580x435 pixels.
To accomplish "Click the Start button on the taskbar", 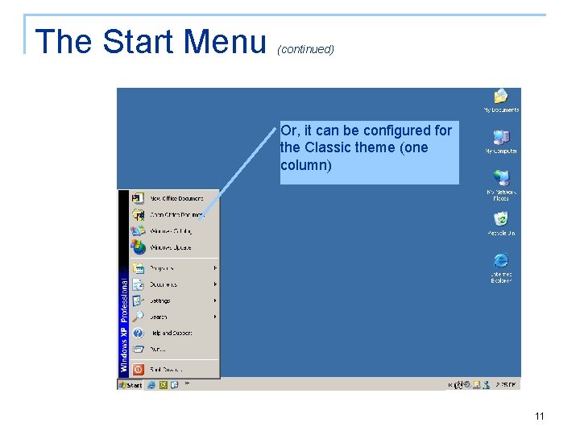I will point(130,385).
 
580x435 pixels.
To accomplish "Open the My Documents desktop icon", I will point(501,99).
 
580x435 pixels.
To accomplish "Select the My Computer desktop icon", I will point(501,140).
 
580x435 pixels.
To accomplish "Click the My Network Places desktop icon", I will point(501,181).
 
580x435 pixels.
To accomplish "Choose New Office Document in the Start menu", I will point(176,198).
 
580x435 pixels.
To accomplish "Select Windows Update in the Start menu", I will point(171,247).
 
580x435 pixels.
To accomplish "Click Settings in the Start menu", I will point(160,300).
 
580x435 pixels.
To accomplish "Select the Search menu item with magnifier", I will point(159,317).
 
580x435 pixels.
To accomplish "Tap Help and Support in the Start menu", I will point(172,333).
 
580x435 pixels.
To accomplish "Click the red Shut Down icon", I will point(138,370).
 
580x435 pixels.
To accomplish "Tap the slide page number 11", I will point(539,416).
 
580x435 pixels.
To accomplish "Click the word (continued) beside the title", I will point(305,49).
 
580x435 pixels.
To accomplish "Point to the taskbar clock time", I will point(507,385).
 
